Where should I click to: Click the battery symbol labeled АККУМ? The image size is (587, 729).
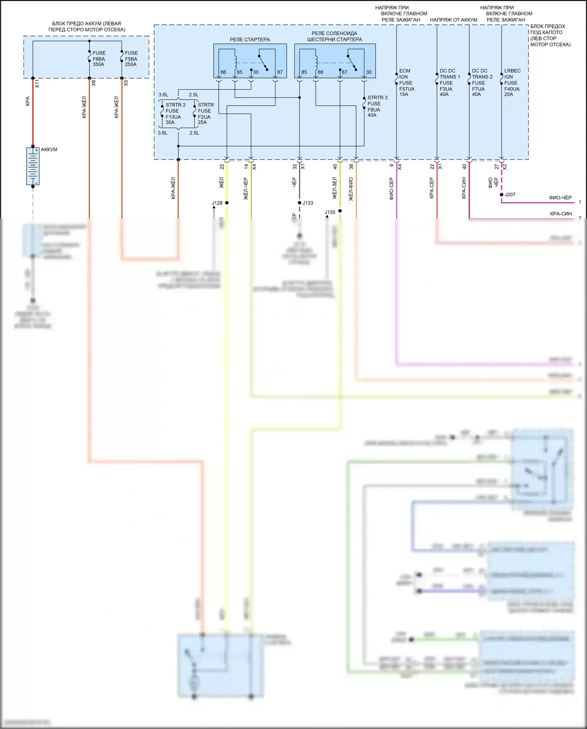[33, 166]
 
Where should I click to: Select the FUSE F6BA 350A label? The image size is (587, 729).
[99, 59]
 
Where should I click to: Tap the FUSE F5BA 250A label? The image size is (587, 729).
[131, 59]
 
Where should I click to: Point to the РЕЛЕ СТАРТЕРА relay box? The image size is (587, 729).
[250, 61]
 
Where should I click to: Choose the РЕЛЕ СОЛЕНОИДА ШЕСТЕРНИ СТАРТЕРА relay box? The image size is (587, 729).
[335, 61]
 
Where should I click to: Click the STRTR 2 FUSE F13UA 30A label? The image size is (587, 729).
[175, 114]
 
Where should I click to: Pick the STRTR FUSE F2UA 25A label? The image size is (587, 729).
[205, 114]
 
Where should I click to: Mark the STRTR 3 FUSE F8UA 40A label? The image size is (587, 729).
[377, 106]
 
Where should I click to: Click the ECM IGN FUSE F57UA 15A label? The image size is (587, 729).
[406, 83]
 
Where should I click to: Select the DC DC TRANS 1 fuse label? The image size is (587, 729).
[449, 83]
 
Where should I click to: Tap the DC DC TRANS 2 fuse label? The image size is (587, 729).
[482, 83]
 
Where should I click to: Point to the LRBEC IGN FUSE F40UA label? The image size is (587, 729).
[512, 83]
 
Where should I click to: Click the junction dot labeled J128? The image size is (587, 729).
[227, 203]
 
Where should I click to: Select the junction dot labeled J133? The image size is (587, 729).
[299, 203]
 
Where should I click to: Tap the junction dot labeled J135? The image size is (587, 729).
[340, 211]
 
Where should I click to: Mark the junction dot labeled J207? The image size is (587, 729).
[502, 195]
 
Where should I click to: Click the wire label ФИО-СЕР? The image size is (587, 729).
[391, 189]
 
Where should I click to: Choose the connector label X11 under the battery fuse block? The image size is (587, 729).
[37, 83]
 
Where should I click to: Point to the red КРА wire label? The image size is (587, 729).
[27, 101]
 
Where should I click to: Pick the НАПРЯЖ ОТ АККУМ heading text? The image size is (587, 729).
[453, 20]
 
